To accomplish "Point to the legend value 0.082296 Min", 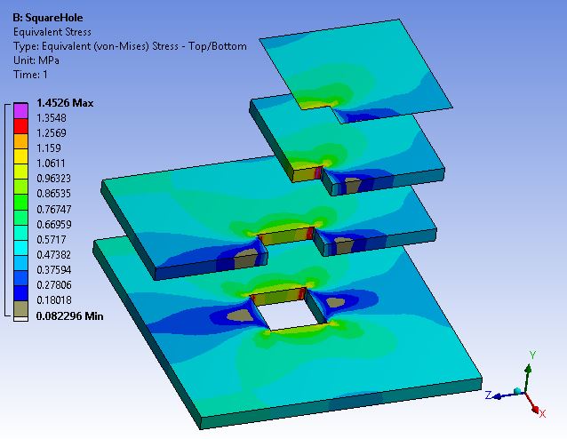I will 69,315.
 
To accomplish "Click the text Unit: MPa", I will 37,60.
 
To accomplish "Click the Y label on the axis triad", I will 531,354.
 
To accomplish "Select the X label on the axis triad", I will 542,413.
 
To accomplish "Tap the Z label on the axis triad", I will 489,393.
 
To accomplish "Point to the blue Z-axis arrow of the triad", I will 507,391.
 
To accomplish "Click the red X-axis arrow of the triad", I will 533,402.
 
